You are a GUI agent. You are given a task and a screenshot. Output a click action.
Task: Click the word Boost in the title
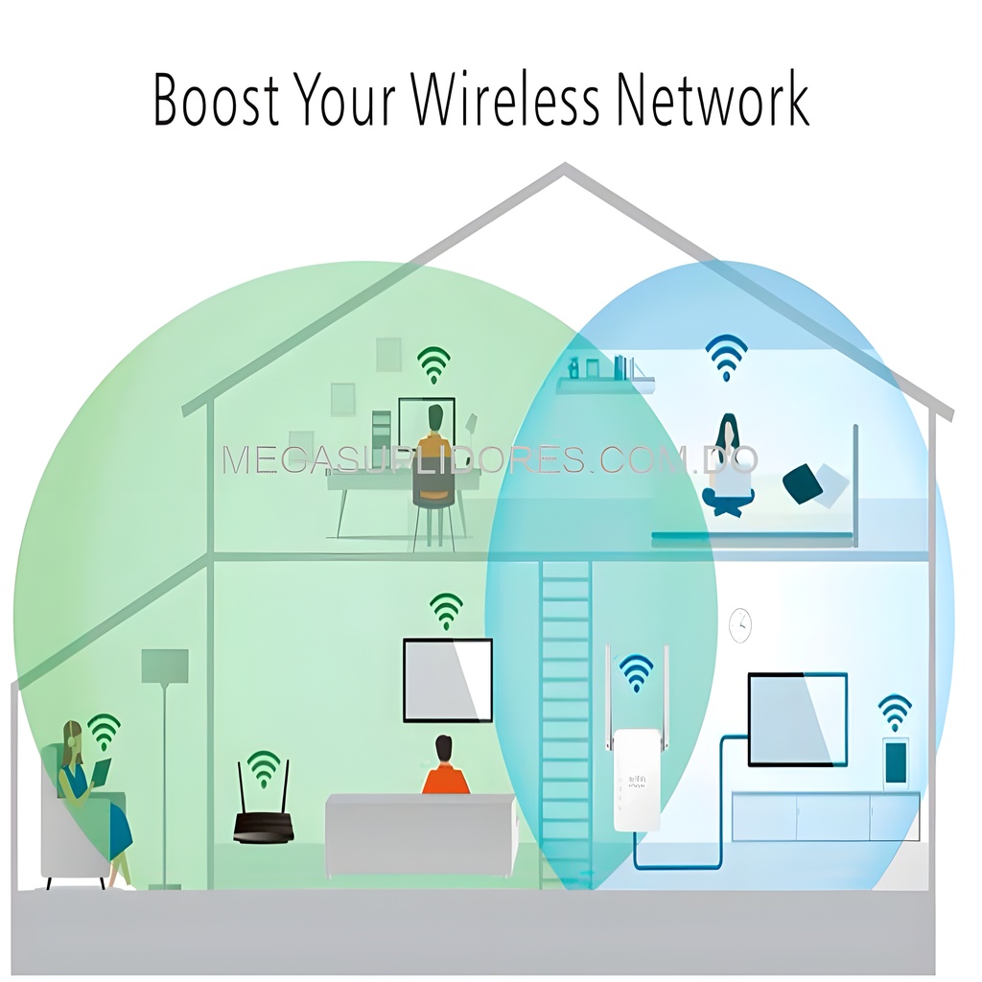click(216, 100)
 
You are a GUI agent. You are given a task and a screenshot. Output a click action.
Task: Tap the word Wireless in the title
click(505, 100)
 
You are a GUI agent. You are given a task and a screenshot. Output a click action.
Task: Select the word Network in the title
click(713, 100)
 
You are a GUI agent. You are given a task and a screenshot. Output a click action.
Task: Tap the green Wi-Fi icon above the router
click(264, 769)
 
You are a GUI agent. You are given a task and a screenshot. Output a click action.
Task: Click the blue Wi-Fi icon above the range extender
click(637, 673)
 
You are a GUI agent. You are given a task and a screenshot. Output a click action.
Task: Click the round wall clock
click(740, 625)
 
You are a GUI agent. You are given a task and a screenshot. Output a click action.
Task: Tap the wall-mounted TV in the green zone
click(447, 680)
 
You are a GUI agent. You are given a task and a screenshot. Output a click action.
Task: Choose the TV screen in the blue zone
click(797, 719)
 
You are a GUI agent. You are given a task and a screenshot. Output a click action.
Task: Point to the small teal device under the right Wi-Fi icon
click(896, 762)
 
